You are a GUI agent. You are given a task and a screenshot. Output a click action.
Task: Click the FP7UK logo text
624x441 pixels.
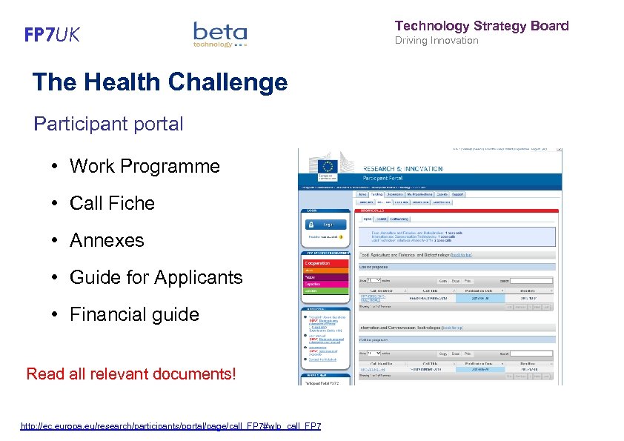[52, 35]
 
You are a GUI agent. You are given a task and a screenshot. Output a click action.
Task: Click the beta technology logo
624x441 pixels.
[220, 34]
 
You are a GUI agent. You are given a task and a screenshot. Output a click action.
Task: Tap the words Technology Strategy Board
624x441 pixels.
[482, 26]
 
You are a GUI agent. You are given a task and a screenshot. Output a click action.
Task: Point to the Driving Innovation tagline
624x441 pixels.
[437, 41]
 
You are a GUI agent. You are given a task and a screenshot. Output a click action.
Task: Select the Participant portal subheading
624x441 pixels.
[108, 124]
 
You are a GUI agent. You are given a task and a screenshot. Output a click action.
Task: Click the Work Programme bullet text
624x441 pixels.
[145, 166]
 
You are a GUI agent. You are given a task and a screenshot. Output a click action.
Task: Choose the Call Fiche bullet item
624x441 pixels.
[112, 203]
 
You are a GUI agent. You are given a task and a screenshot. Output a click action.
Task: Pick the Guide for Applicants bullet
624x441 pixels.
[156, 277]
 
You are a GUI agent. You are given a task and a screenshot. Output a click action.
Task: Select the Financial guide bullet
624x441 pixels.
[134, 314]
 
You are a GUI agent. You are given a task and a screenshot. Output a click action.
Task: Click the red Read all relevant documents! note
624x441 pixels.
[131, 373]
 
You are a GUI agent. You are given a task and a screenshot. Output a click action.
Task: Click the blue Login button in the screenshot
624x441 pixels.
[326, 225]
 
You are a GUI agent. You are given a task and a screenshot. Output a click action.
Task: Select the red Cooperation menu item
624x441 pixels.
[326, 262]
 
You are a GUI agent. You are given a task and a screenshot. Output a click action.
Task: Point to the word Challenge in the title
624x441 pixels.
[228, 82]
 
